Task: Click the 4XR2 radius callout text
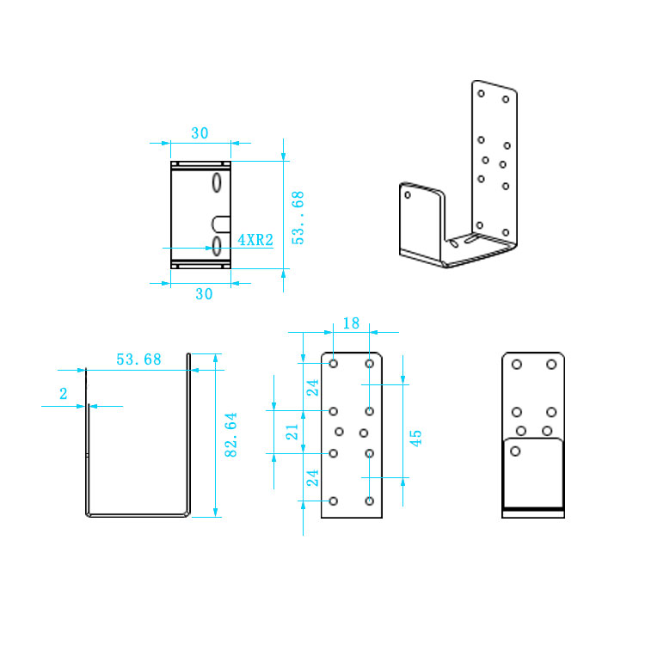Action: coord(255,240)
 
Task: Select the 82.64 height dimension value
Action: coord(230,435)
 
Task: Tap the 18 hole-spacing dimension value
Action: coord(351,323)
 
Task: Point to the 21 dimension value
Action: coord(292,433)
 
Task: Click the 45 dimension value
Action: coord(416,438)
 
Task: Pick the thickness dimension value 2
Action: coord(64,394)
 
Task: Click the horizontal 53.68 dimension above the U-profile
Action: coord(138,359)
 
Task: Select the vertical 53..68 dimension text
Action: coord(298,218)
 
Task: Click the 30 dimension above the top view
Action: coord(200,133)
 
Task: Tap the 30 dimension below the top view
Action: coord(204,294)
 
